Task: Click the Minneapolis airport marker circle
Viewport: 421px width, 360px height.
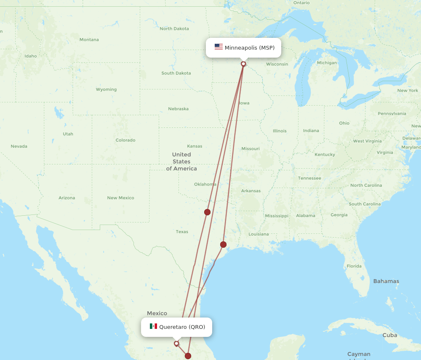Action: (243, 64)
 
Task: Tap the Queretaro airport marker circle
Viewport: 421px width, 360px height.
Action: (176, 344)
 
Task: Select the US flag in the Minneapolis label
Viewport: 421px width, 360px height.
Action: (218, 47)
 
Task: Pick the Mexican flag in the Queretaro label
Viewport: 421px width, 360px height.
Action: (153, 326)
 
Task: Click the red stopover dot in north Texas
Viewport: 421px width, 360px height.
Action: (207, 212)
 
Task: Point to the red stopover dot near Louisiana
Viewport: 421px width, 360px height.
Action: (223, 244)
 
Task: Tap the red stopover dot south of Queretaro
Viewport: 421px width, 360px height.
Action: (188, 356)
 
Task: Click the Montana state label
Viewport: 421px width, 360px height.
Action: (89, 40)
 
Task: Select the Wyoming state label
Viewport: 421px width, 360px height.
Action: (106, 90)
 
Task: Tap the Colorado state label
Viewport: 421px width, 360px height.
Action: (125, 140)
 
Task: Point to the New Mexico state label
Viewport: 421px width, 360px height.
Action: (120, 198)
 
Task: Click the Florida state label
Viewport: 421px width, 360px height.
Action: (354, 266)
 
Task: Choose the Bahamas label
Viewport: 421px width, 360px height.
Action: (386, 281)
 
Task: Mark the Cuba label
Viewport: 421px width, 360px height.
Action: (390, 335)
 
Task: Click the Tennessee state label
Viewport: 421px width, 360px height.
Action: (309, 178)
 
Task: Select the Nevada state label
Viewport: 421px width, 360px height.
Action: (19, 146)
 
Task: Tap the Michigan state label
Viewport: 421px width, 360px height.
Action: (327, 63)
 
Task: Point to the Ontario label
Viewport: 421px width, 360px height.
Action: (301, 3)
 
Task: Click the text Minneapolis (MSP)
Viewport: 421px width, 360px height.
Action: (250, 48)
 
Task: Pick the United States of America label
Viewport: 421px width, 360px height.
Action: (181, 161)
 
